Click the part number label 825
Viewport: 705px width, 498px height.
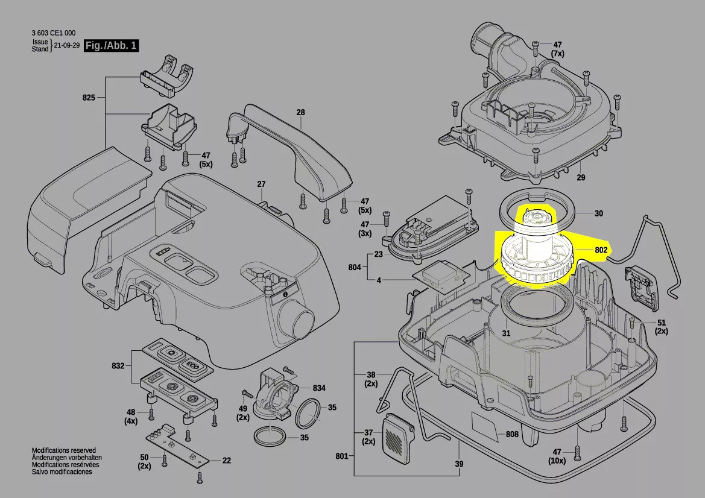click(x=89, y=97)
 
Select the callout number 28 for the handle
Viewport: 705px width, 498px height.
click(x=301, y=112)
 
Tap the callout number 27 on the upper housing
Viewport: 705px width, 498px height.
click(x=261, y=184)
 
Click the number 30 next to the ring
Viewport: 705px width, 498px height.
click(x=598, y=213)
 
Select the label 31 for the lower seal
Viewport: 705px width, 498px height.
click(x=506, y=333)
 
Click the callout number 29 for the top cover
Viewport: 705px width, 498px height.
click(x=581, y=178)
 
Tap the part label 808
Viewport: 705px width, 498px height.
click(x=512, y=433)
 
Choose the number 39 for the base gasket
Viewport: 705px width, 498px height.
click(x=459, y=464)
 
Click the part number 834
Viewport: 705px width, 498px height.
click(x=319, y=388)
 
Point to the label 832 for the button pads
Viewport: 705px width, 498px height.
click(x=118, y=365)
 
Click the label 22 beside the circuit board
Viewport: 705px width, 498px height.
click(x=226, y=461)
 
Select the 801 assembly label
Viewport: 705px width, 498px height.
click(x=342, y=456)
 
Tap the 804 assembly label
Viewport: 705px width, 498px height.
click(x=355, y=266)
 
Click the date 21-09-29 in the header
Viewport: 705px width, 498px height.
click(x=67, y=46)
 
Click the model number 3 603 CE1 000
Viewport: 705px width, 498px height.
click(x=54, y=33)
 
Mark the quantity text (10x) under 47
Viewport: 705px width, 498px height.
click(x=557, y=461)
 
